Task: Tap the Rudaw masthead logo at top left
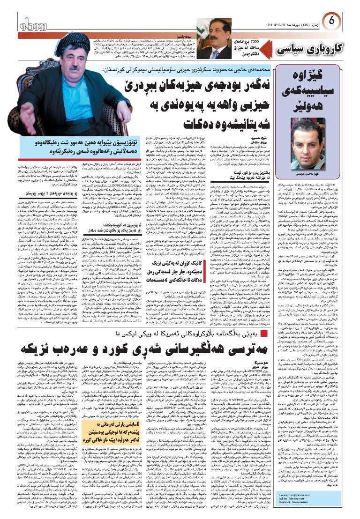coord(32,22)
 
